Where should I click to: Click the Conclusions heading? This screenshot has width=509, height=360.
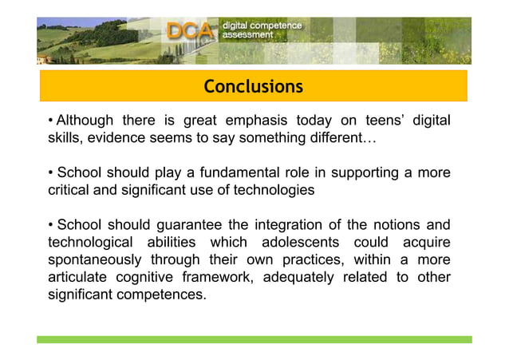[x=253, y=86]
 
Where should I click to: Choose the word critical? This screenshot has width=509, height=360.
[x=71, y=190]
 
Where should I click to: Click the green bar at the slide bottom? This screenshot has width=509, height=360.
[x=254, y=339]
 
